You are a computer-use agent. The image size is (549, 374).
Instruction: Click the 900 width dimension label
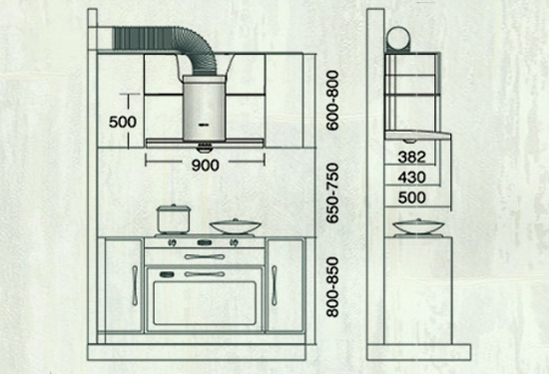click(206, 166)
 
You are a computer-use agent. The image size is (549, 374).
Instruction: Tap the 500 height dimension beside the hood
click(123, 122)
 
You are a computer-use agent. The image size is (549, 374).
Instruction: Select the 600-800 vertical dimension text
click(332, 101)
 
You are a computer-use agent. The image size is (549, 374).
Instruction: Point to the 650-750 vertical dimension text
click(332, 192)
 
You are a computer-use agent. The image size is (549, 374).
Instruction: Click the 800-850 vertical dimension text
click(332, 287)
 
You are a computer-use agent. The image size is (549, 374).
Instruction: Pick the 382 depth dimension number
click(411, 157)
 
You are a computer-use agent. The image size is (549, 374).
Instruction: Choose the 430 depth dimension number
click(411, 178)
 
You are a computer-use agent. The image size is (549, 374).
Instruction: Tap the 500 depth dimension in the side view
click(411, 197)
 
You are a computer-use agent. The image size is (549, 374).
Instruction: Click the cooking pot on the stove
click(174, 219)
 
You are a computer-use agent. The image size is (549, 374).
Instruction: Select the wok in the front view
click(236, 226)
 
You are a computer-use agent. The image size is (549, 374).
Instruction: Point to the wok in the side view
click(418, 226)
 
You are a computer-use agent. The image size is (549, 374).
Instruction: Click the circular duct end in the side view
click(398, 39)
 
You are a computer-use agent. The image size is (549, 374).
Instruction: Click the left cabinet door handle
click(135, 285)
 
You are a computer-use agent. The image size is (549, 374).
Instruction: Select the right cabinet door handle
click(274, 285)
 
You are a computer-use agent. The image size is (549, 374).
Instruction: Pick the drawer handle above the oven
click(205, 256)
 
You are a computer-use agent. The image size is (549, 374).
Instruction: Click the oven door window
click(205, 303)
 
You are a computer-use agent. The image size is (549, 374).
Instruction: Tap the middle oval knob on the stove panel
click(205, 242)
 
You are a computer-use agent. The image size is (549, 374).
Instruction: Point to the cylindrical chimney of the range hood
click(204, 109)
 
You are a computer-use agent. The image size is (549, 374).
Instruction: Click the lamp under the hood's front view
click(205, 148)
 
